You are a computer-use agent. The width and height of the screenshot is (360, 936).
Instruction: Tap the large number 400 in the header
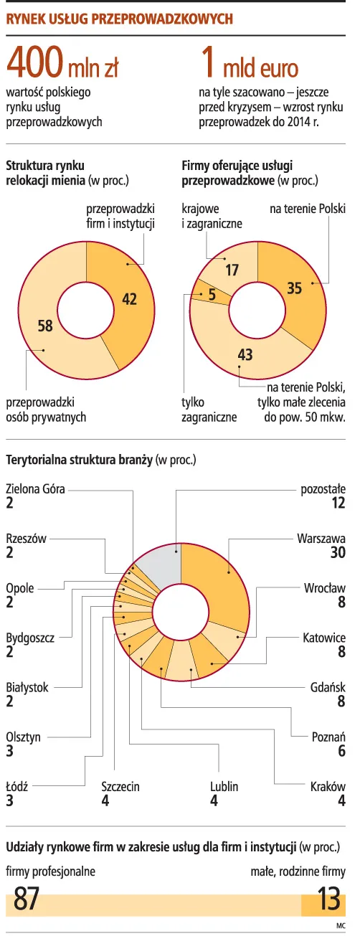click(x=34, y=65)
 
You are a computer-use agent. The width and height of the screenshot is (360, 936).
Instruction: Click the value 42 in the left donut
click(x=129, y=299)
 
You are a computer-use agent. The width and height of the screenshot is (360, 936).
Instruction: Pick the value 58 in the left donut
click(x=44, y=326)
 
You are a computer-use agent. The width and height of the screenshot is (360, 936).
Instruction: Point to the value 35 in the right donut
click(x=294, y=288)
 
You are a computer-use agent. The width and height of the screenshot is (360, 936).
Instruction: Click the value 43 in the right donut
click(x=245, y=354)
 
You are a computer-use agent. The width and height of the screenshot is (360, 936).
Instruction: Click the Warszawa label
click(x=321, y=537)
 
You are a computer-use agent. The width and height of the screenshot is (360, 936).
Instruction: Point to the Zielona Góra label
click(x=35, y=489)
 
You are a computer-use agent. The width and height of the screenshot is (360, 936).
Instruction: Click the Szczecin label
click(x=120, y=787)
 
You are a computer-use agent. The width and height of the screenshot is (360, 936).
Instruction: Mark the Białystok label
click(x=27, y=687)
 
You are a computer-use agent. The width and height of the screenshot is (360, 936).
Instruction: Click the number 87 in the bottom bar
click(x=27, y=899)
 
